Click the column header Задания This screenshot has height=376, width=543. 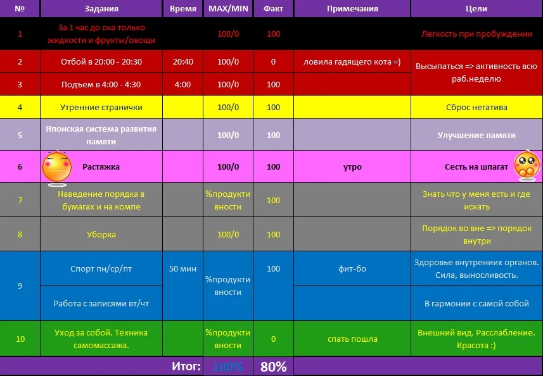pyautogui.click(x=101, y=9)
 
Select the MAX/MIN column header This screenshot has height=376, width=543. pyautogui.click(x=228, y=9)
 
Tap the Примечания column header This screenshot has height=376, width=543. pyautogui.click(x=352, y=9)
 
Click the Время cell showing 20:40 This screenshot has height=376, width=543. pyautogui.click(x=182, y=61)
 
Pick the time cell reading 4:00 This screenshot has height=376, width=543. pyautogui.click(x=182, y=84)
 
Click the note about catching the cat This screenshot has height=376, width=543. pyautogui.click(x=352, y=61)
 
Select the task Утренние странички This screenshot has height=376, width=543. pyautogui.click(x=101, y=107)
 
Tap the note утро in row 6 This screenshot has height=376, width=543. pyautogui.click(x=352, y=167)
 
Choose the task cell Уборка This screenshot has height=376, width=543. pyautogui.click(x=101, y=234)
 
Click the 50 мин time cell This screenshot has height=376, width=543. pyautogui.click(x=182, y=268)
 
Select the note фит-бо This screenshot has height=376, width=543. pyautogui.click(x=352, y=268)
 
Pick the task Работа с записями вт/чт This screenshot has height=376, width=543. pyautogui.click(x=101, y=303)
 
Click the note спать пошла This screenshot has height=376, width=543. pyautogui.click(x=352, y=339)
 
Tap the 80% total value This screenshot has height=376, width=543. pyautogui.click(x=274, y=367)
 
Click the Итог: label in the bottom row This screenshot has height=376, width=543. pyautogui.click(x=186, y=367)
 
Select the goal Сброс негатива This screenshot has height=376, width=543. pyautogui.click(x=476, y=107)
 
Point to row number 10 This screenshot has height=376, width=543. pyautogui.click(x=20, y=339)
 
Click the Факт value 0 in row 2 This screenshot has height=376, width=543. pyautogui.click(x=274, y=61)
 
